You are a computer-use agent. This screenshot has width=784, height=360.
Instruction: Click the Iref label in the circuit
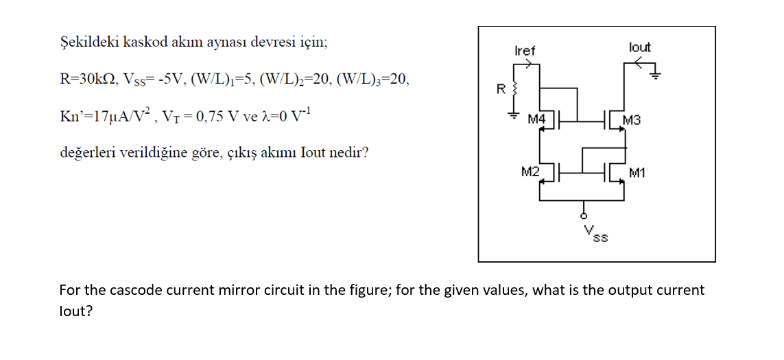click(525, 51)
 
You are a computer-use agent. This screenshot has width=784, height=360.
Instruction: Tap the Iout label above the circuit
click(639, 47)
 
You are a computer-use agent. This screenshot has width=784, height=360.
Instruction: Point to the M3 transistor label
click(632, 121)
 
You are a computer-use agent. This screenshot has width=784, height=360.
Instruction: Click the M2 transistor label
click(530, 171)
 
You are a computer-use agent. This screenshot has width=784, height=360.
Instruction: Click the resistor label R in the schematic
click(501, 89)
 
